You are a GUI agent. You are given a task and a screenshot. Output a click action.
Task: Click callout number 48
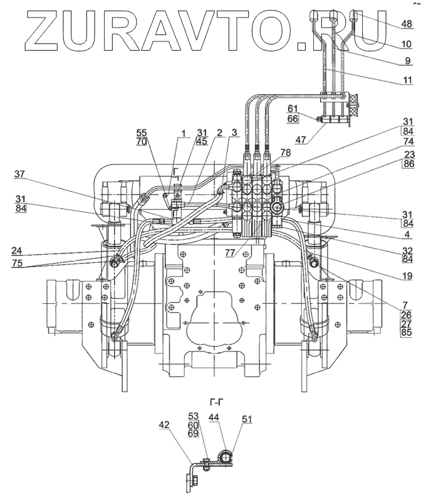tap(407, 24)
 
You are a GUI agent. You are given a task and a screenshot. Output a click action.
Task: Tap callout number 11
tap(407, 80)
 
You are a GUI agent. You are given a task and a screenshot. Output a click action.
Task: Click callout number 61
tap(293, 109)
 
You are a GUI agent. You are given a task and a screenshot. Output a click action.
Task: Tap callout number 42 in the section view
tap(164, 425)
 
